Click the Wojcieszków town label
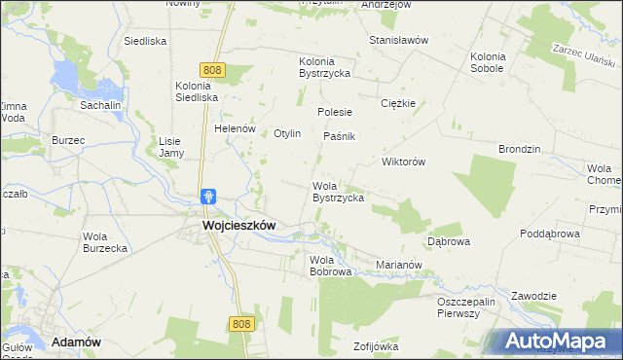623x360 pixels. [x=238, y=224]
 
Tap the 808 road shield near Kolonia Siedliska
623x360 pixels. [x=214, y=69]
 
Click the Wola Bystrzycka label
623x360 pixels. [x=338, y=192]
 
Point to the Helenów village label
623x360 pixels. [x=235, y=128]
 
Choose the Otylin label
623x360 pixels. [x=293, y=133]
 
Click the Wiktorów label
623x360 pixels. [x=404, y=162]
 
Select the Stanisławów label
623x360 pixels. [x=399, y=40]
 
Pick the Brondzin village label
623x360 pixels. [x=519, y=150]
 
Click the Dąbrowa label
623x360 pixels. [x=449, y=239]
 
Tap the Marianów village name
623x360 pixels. [x=398, y=264]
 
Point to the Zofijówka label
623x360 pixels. [x=377, y=346]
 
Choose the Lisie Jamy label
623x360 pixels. [x=171, y=147]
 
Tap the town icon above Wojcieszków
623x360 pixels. [x=208, y=197]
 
